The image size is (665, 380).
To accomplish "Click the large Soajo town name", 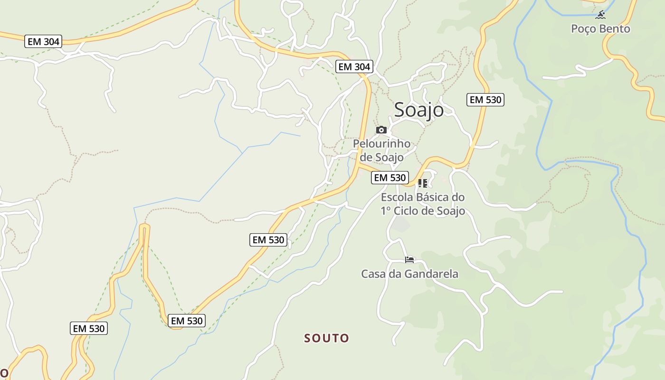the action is [x=419, y=110].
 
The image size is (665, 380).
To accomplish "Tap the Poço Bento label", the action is [x=600, y=29].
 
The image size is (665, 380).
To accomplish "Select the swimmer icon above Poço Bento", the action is [x=601, y=15].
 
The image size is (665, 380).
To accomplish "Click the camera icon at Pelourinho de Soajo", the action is [x=381, y=130].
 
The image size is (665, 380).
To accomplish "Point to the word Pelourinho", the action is [x=381, y=143].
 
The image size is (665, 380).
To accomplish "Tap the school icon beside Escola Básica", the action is [x=422, y=183].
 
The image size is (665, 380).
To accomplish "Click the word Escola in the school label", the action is [x=398, y=197].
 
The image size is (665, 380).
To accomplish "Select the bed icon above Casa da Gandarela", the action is [x=409, y=259].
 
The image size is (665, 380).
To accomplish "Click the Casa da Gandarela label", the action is [x=409, y=274].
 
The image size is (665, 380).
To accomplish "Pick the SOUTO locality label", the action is [x=327, y=338].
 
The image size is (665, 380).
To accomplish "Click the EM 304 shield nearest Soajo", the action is [x=354, y=67].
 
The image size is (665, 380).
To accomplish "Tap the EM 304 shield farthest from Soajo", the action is [x=44, y=42].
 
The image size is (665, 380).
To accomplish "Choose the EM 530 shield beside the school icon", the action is [x=389, y=178].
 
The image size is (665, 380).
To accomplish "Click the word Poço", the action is [x=583, y=29].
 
